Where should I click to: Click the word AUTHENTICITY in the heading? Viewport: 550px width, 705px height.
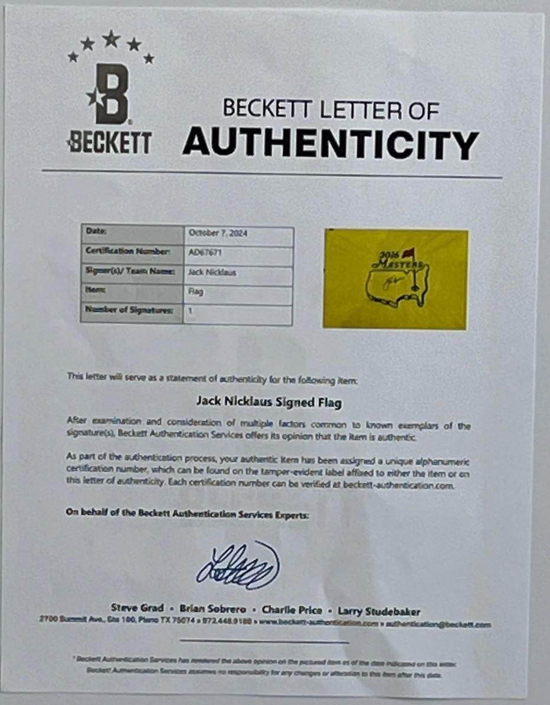point(330,143)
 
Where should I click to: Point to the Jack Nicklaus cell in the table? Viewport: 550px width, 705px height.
point(208,272)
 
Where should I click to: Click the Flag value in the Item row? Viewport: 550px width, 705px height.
point(196,292)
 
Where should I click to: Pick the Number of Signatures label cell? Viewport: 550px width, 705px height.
point(130,311)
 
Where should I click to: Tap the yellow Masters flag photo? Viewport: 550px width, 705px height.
point(395,279)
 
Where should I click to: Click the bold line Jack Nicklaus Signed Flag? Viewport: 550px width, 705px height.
point(269,402)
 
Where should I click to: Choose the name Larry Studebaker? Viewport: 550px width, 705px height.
point(379,611)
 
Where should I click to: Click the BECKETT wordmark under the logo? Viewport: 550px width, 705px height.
point(110,143)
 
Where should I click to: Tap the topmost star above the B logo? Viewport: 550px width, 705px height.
point(110,39)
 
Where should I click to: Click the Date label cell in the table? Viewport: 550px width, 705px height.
point(98,231)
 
